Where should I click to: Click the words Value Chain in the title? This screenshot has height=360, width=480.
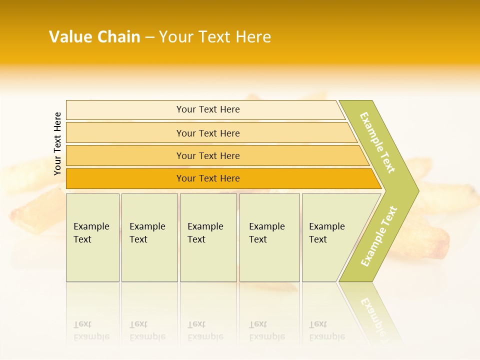pos(94,37)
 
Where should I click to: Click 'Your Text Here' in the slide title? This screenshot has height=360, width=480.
pos(215,37)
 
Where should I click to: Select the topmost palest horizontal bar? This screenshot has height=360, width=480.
pos(125,110)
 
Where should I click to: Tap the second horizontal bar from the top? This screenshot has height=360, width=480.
pos(125,133)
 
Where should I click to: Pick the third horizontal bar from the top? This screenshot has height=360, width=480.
pos(125,156)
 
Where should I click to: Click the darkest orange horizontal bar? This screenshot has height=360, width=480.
pos(125,179)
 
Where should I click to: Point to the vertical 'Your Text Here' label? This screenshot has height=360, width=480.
pos(57,144)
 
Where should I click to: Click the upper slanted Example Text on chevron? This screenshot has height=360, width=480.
pos(377,142)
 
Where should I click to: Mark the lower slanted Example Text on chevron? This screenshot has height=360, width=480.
pos(379,236)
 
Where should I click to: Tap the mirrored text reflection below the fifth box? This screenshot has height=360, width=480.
pos(326,330)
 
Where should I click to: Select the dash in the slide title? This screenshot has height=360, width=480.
pos(149,37)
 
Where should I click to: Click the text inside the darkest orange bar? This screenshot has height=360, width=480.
pos(208,178)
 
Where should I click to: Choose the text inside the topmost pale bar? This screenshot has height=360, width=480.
pos(208,109)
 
